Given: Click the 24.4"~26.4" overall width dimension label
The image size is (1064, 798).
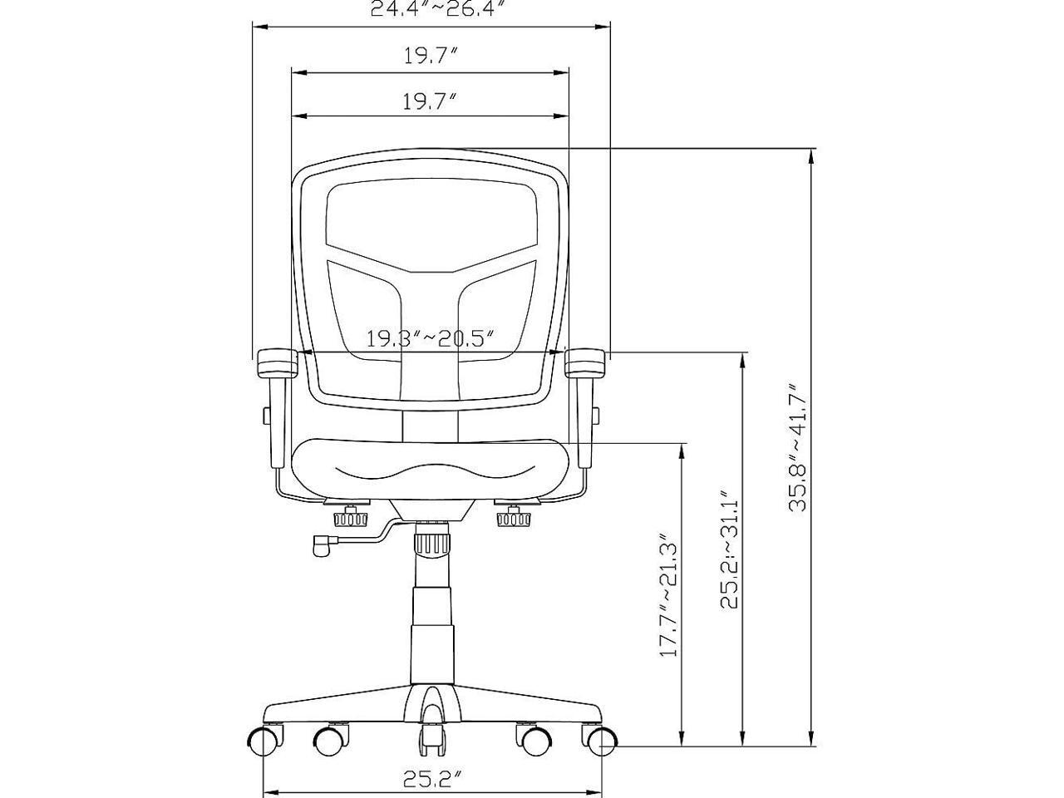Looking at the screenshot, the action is point(433,8).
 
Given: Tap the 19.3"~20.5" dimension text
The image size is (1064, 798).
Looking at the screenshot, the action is point(430,338).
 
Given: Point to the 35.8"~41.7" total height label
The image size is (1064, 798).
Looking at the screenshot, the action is point(798,448).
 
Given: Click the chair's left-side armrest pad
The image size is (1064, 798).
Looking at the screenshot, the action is point(276,363).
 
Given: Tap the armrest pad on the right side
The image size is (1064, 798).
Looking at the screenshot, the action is point(585,363).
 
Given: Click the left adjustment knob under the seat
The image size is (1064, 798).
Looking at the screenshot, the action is point(350,519).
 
